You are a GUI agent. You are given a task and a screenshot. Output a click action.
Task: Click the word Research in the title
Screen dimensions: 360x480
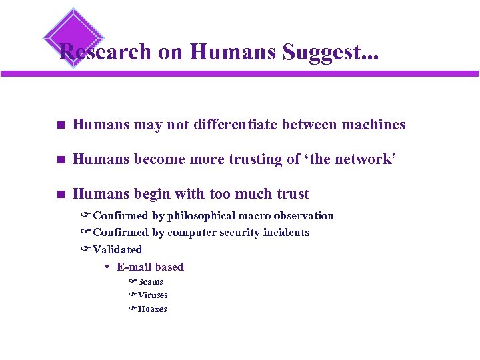pos(105,52)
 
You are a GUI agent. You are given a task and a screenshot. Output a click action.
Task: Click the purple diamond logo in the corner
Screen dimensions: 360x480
pos(73,35)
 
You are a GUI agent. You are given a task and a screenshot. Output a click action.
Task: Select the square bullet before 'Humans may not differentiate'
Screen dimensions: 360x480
pos(60,125)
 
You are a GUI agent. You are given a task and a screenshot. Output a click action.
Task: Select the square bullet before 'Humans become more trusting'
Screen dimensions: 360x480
pos(60,160)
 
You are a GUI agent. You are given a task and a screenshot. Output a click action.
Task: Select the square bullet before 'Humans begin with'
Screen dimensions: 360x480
pos(60,195)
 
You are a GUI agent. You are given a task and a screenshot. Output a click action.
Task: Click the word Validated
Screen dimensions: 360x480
pos(117,249)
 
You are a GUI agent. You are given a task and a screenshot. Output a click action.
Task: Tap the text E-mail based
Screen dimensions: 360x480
pos(150,267)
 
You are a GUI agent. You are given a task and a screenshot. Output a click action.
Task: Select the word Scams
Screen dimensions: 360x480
pos(150,281)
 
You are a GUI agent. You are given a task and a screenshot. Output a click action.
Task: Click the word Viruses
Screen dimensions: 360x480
pos(153,295)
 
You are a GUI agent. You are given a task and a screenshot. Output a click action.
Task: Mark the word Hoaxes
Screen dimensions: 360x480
pos(152,309)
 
